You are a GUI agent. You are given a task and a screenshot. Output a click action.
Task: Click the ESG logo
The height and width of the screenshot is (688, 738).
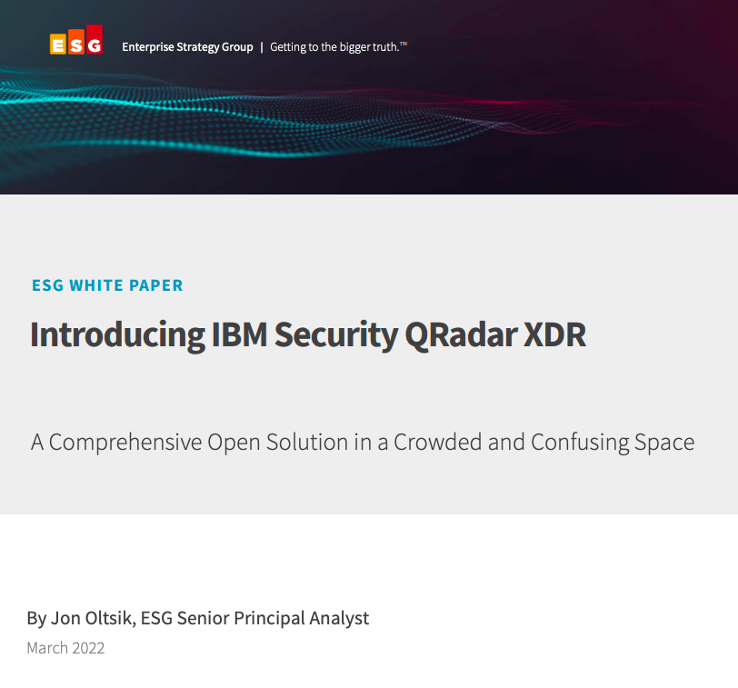[x=76, y=39]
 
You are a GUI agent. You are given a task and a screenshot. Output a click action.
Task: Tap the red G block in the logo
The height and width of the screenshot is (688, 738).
[x=95, y=39]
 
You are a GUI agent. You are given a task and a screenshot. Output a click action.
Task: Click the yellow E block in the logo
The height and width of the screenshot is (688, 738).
[x=58, y=45]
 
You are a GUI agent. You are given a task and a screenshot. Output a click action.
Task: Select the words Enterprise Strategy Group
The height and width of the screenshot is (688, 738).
[x=187, y=47]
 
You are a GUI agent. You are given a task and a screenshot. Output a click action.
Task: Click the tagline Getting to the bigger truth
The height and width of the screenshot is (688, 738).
[x=338, y=47]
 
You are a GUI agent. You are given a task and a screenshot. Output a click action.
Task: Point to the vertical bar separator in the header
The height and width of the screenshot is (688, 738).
[x=262, y=47]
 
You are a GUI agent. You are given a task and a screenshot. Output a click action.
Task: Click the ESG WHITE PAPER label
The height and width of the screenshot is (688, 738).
[x=107, y=285]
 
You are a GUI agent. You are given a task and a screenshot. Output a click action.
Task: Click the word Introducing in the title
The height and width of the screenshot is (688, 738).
[x=117, y=335]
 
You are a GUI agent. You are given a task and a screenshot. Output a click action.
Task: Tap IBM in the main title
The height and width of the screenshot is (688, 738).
[x=240, y=334]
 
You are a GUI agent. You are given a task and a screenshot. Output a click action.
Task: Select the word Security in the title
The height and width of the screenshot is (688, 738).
[x=336, y=335]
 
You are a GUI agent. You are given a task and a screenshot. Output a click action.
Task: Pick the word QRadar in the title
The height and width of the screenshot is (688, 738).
[x=462, y=335]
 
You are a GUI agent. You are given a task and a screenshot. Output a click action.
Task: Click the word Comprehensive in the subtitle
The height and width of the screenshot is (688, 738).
[x=125, y=443]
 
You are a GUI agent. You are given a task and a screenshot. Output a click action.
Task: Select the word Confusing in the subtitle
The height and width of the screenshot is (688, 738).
[x=580, y=443]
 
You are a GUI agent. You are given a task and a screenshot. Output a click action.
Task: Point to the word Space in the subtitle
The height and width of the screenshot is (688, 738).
[x=664, y=443]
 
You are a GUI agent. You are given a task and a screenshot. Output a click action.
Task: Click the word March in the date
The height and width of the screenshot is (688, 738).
[x=47, y=648]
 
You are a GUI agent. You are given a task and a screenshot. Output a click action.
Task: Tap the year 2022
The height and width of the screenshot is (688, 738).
[x=88, y=648]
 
